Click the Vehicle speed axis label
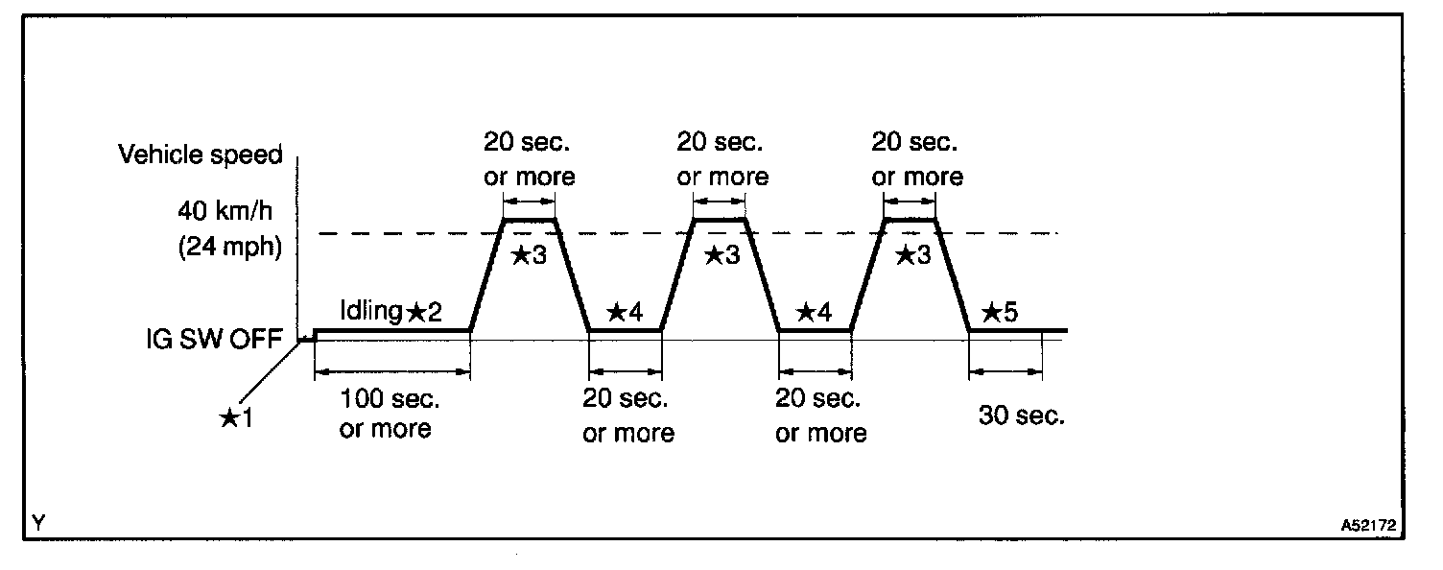tap(201, 154)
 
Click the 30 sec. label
tap(1022, 416)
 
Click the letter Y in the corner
tap(37, 523)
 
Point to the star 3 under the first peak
tap(530, 255)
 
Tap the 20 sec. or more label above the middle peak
tap(721, 159)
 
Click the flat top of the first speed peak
tap(530, 220)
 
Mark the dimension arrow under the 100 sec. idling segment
tap(391, 370)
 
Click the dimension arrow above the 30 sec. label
tap(1005, 370)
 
